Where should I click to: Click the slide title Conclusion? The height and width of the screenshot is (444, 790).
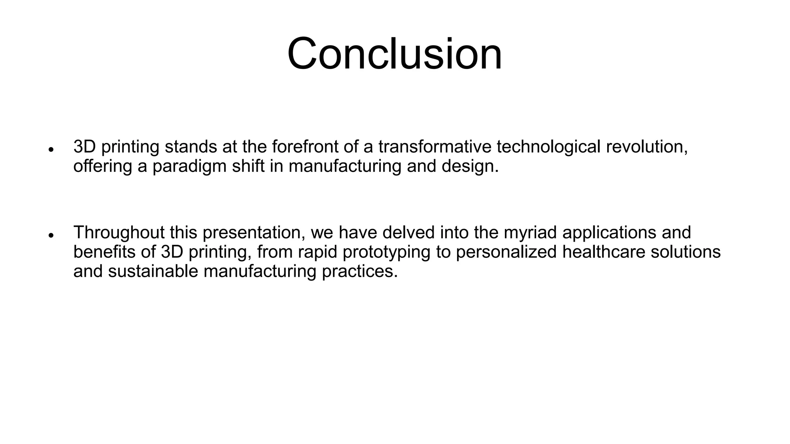click(394, 54)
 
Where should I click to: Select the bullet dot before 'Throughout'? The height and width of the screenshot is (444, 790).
click(51, 235)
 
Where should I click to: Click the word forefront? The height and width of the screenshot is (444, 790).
click(307, 146)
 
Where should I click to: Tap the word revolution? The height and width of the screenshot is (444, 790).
click(647, 146)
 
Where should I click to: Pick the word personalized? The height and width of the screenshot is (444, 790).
click(506, 252)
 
